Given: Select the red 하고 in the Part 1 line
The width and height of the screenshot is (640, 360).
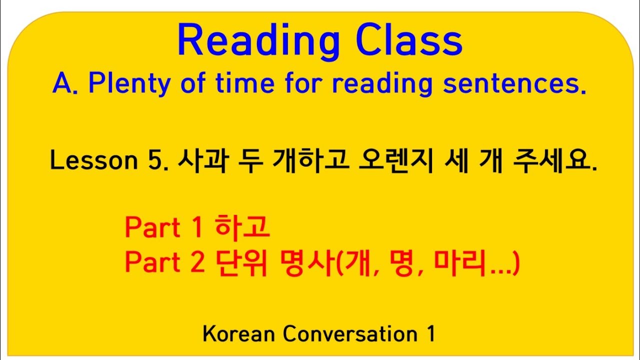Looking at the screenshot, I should click(242, 228).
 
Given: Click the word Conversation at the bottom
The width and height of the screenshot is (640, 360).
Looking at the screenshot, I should click(349, 334).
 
